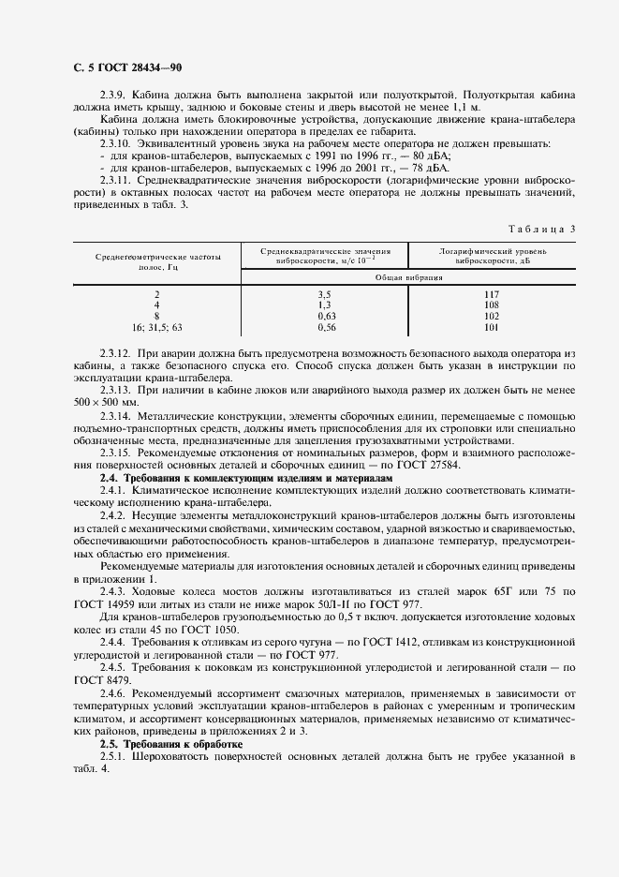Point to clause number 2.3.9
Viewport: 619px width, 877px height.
115,96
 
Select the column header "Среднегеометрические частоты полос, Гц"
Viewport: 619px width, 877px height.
157,260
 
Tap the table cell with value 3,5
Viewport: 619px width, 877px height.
326,294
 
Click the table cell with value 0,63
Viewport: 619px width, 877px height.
326,317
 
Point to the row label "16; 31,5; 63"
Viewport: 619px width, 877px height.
157,328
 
